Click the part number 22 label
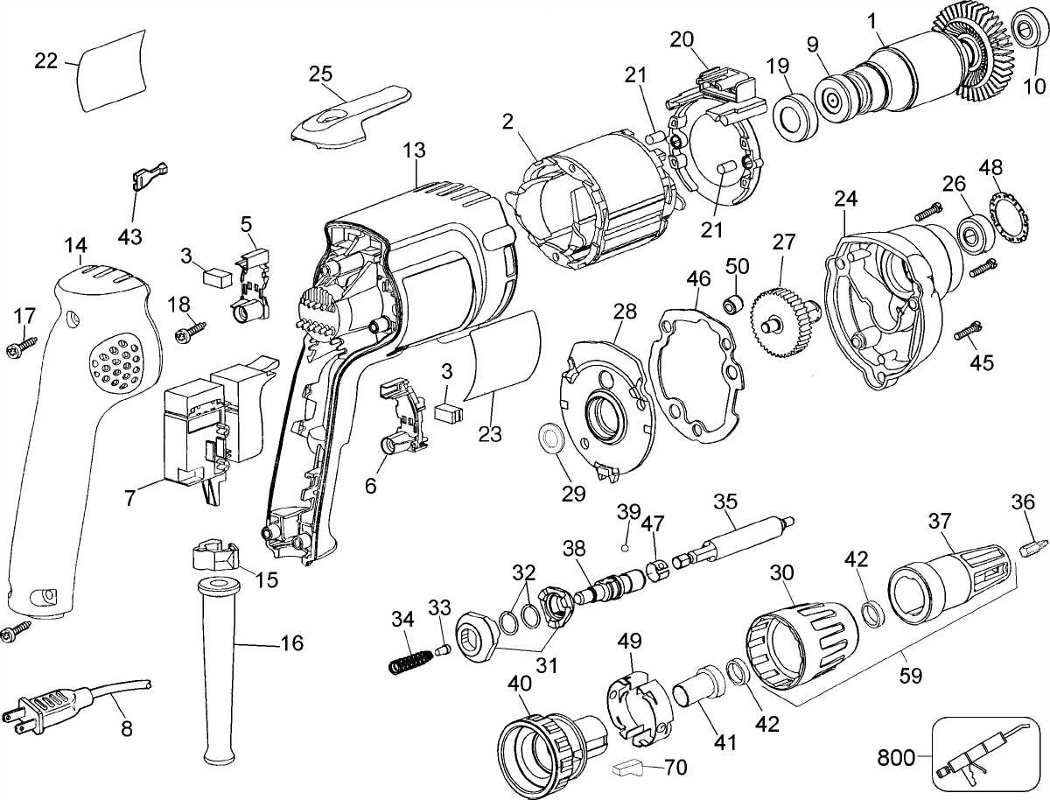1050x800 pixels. (x=45, y=61)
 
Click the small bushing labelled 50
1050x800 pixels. (x=732, y=305)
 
